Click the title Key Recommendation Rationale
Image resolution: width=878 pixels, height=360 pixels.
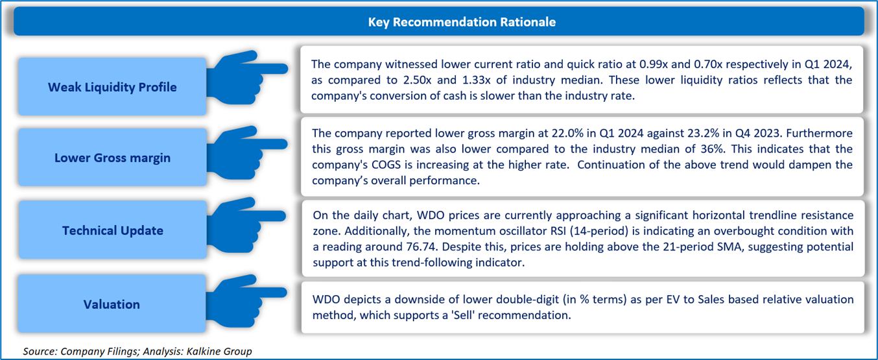pyautogui.click(x=462, y=22)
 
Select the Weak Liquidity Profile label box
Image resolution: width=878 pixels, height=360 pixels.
pyautogui.click(x=112, y=87)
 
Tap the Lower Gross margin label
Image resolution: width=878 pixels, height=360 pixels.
pyautogui.click(x=112, y=158)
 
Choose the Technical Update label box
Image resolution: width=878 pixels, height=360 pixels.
pyautogui.click(x=113, y=230)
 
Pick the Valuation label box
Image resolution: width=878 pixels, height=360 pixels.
pyautogui.click(x=112, y=304)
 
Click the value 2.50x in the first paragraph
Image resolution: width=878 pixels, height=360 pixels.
pyautogui.click(x=417, y=80)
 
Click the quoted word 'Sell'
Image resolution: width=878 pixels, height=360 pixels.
pyautogui.click(x=463, y=315)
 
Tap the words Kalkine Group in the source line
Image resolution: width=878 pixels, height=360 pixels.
pyautogui.click(x=219, y=352)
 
